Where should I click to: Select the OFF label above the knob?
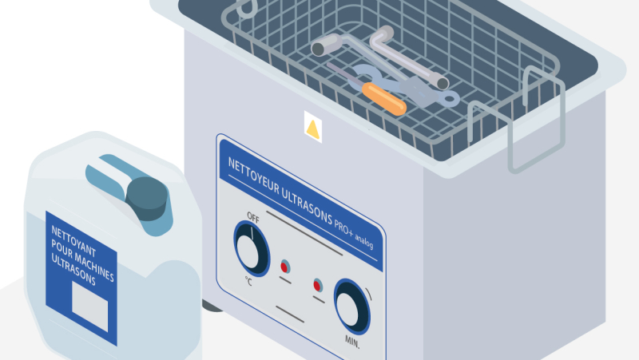(x=253, y=218)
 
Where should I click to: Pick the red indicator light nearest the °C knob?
(x=285, y=266)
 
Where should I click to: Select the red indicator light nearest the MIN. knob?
(x=318, y=284)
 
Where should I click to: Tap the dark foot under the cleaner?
(x=209, y=305)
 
